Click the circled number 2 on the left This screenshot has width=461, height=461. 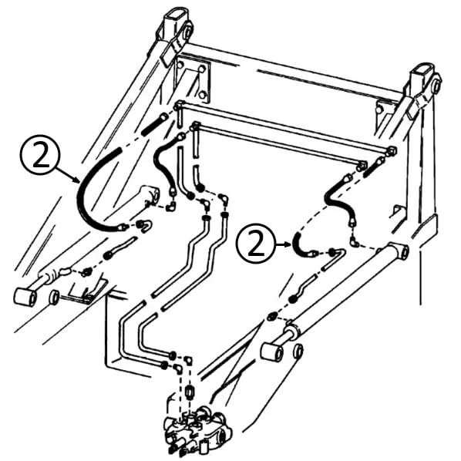point(40,155)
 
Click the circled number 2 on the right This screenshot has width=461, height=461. point(256,244)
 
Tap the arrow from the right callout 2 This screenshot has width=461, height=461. point(284,244)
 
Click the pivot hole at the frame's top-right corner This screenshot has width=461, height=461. point(436,82)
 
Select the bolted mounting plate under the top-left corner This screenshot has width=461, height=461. point(193,79)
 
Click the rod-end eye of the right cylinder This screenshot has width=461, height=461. point(271,352)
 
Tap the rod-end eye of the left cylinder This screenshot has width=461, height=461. point(25,298)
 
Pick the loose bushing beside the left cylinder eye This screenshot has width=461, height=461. point(54,297)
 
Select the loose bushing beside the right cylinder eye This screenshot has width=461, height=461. point(298,351)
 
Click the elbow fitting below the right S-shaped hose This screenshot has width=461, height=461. point(355,242)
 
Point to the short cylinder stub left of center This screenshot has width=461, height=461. point(150,195)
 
